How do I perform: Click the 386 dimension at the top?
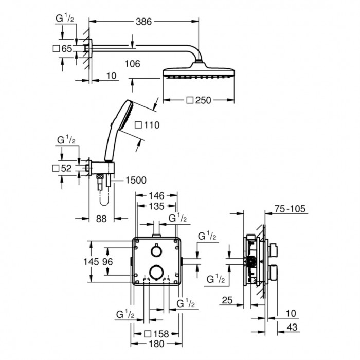point(143,22)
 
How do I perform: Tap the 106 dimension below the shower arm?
point(133,64)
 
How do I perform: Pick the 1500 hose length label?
point(136,180)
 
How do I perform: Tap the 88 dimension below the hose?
point(101,219)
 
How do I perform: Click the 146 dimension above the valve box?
point(156,195)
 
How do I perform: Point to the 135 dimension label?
point(156,206)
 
